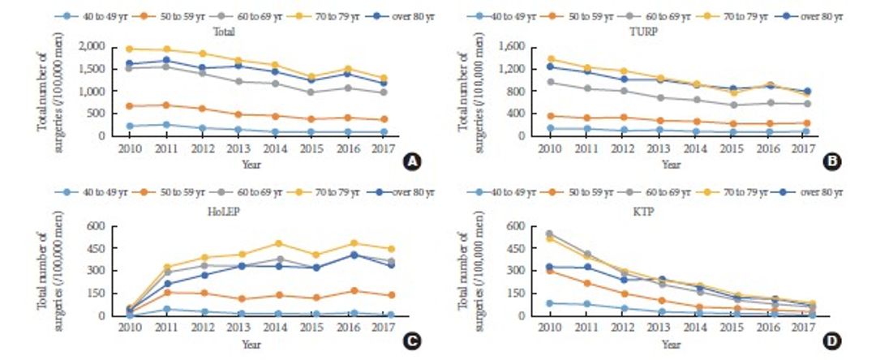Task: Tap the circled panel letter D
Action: click(831, 342)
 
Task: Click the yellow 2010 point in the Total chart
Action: click(129, 49)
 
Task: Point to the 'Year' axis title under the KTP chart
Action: click(670, 344)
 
